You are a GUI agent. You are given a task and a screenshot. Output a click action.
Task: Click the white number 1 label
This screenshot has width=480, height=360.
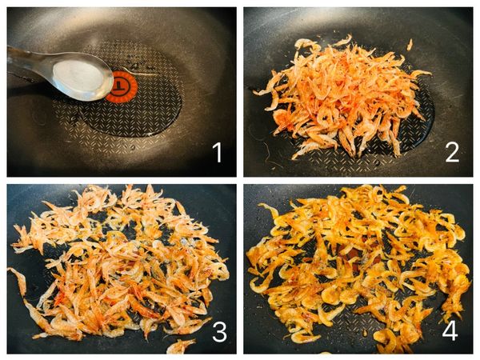(218, 153)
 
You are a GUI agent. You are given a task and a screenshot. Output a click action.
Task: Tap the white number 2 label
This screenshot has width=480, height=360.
(452, 153)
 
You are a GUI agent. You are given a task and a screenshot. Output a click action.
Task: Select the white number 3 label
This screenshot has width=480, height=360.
(219, 332)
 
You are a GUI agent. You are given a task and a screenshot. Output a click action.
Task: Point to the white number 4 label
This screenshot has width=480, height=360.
(450, 330)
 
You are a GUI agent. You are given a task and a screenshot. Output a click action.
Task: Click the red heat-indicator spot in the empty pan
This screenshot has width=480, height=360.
(123, 86)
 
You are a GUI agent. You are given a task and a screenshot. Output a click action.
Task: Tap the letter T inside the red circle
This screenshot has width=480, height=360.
(120, 86)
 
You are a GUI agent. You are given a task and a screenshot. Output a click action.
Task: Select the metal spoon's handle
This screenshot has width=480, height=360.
(30, 62)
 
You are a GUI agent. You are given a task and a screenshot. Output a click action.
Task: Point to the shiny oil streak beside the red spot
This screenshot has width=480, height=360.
(144, 73)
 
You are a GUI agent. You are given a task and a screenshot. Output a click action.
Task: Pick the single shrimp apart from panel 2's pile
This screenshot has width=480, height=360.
(410, 45)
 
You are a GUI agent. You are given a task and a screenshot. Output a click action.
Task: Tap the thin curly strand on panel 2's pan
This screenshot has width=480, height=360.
(271, 156)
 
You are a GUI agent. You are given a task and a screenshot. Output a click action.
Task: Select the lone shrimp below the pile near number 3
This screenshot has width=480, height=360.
(180, 346)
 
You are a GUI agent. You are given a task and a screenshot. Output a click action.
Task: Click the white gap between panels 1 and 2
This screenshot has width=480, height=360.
(240, 92)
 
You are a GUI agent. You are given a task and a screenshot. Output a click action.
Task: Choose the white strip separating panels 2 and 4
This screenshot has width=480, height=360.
(358, 181)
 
